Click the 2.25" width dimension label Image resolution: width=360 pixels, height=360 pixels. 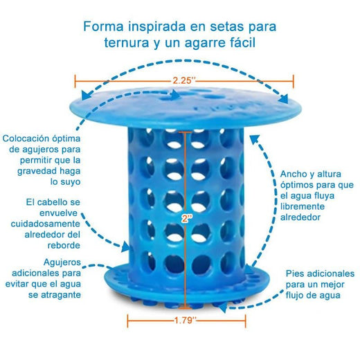tap(184, 80)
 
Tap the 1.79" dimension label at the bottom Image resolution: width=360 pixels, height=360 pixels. tap(186, 321)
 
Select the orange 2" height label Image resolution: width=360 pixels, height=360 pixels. tap(187, 218)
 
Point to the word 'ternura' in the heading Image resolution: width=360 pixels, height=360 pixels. tap(127, 43)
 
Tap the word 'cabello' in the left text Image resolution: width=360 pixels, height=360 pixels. tap(52, 202)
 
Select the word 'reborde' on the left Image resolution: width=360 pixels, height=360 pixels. tap(64, 245)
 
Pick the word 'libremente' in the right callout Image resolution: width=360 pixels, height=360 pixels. tap(303, 206)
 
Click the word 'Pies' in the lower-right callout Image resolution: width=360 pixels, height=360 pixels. tap(294, 273)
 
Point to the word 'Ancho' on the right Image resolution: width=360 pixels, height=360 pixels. tap(291, 174)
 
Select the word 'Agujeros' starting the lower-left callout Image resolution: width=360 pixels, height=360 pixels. tap(62, 262)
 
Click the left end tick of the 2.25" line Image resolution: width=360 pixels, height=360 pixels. tap(75, 81)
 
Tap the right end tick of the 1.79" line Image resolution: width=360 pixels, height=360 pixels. tap(245, 321)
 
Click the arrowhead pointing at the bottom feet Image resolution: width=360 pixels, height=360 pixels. tap(223, 308)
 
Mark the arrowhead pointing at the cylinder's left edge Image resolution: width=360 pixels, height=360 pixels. tap(126, 247)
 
